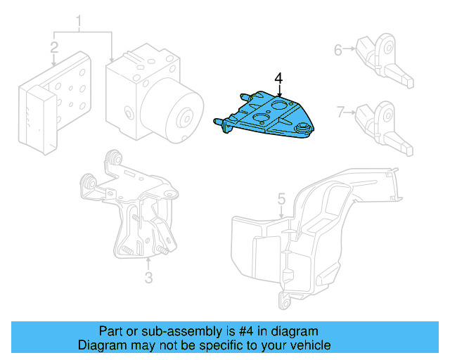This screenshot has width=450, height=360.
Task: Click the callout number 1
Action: click(79, 23)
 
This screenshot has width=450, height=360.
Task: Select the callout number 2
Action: click(54, 48)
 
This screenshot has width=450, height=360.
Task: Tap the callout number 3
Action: click(148, 278)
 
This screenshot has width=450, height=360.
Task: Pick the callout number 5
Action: click(281, 199)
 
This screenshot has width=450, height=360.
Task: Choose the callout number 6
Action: click(338, 50)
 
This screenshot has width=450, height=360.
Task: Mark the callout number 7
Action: click(340, 111)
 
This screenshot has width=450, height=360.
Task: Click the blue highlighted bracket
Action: click(267, 116)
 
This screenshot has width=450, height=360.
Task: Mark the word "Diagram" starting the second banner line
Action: click(101, 345)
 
